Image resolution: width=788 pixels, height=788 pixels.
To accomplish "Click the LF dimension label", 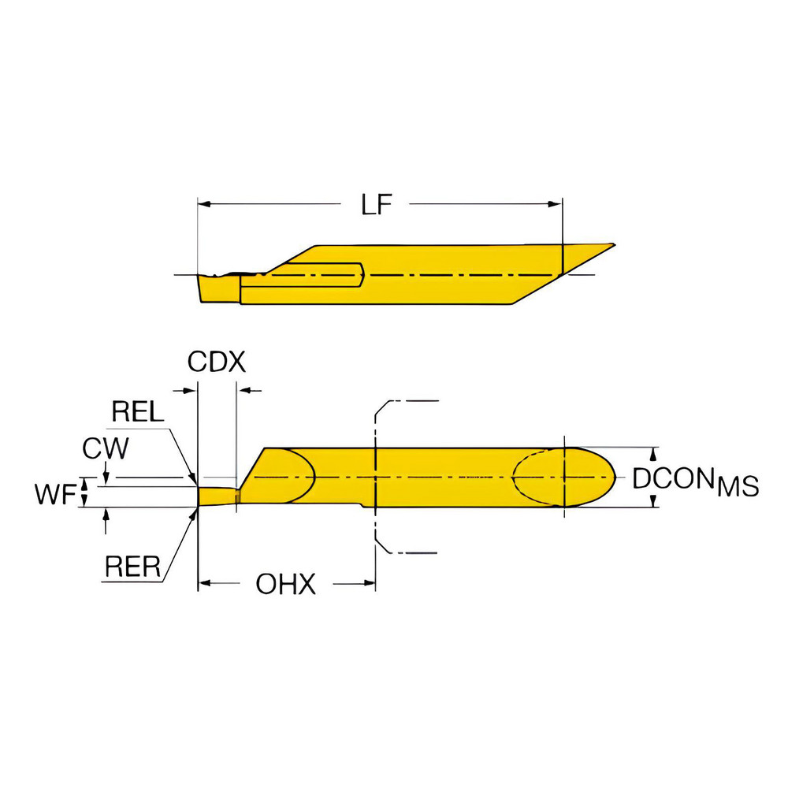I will point(377,205).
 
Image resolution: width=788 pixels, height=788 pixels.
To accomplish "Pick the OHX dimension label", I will point(286,584).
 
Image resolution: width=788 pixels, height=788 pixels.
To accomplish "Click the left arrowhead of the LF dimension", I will point(204,204).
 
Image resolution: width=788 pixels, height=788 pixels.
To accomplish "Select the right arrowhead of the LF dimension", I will point(556,204).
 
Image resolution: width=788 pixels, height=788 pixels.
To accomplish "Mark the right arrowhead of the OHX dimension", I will point(369,584).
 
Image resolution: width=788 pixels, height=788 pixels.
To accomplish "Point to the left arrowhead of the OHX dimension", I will point(204,584).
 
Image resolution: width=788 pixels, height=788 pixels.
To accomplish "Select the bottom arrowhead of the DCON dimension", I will point(652,502).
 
